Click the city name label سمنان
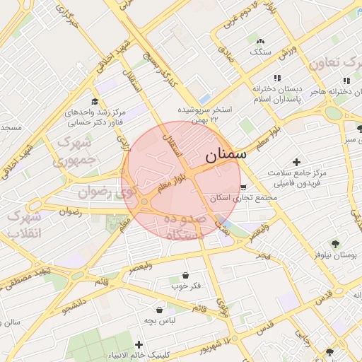[x=226, y=153]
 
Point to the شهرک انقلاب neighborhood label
[x=23, y=224]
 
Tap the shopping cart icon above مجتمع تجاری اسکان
[x=243, y=187]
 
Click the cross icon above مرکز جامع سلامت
[x=296, y=163]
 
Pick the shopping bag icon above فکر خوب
[x=185, y=276]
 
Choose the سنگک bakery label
[x=259, y=52]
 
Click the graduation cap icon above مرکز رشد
[x=95, y=102]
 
